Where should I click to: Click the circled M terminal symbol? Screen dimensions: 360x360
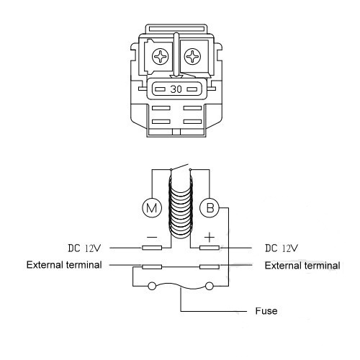click(x=152, y=208)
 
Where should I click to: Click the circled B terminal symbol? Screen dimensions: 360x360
click(x=210, y=208)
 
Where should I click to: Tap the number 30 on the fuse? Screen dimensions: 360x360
click(x=176, y=89)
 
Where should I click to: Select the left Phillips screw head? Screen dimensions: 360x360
click(x=160, y=57)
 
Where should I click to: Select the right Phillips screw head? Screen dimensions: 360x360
click(x=192, y=57)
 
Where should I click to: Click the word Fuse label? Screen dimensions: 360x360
click(x=266, y=311)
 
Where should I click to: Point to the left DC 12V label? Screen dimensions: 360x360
click(x=84, y=248)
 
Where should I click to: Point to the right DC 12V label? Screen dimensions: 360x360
click(x=281, y=248)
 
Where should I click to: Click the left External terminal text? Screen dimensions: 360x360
click(x=64, y=265)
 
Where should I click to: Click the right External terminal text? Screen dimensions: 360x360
click(x=302, y=266)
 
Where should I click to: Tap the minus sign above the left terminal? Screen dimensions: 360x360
click(x=152, y=238)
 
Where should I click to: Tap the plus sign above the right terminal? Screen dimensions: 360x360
click(x=210, y=238)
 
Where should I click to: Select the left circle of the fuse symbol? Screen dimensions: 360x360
click(x=152, y=286)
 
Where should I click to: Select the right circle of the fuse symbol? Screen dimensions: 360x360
click(x=210, y=286)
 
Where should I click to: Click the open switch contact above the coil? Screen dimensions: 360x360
click(x=179, y=167)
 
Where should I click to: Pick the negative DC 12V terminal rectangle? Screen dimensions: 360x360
click(x=152, y=248)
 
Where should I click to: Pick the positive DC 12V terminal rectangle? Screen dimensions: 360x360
click(x=210, y=248)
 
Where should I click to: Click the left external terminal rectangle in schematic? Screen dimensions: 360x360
click(x=152, y=266)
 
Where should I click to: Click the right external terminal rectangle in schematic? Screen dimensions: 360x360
click(x=210, y=266)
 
